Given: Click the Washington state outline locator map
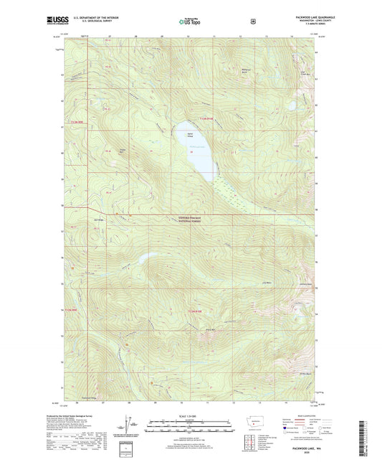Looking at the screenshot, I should tap(254, 423).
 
